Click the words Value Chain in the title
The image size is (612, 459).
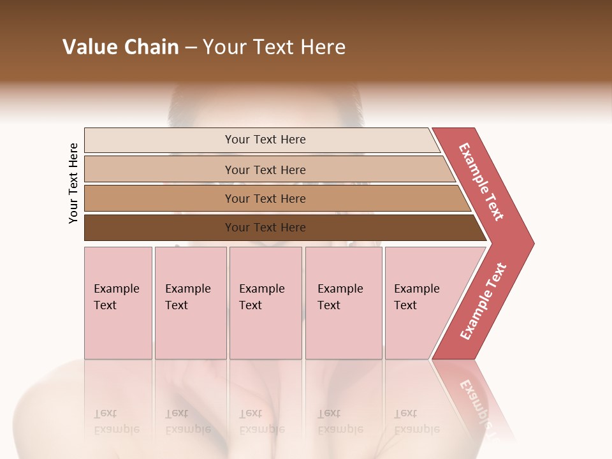(120, 47)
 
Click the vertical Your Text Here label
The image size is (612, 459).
(73, 183)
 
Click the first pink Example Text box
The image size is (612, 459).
(118, 303)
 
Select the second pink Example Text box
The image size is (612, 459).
(191, 303)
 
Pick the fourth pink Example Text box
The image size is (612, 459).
(344, 303)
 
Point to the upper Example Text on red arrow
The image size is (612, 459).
(481, 182)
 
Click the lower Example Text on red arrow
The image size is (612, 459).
(483, 302)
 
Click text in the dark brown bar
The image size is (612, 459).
(265, 228)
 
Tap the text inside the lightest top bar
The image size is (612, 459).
(265, 140)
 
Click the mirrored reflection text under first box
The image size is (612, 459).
(116, 421)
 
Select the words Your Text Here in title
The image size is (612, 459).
(274, 47)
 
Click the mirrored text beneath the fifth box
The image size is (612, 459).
(416, 421)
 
